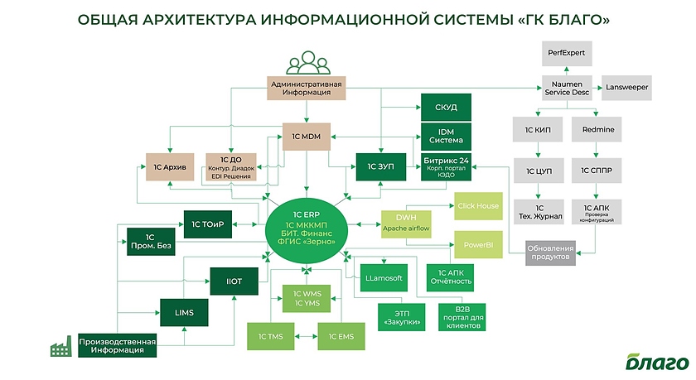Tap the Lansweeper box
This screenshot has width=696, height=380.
point(627,87)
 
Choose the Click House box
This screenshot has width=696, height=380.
point(478,204)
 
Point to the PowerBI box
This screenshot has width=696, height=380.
point(478,245)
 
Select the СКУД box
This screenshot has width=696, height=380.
point(446,108)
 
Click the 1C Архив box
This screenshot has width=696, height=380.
point(169,166)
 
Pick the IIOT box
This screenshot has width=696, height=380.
point(235,281)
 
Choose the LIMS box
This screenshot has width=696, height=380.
point(184,313)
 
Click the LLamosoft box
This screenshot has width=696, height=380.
point(383,280)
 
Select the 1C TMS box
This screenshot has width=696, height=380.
point(270,336)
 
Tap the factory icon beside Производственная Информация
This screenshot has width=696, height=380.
point(60,349)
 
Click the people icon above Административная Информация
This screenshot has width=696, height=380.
point(307,65)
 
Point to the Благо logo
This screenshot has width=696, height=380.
point(657,362)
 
